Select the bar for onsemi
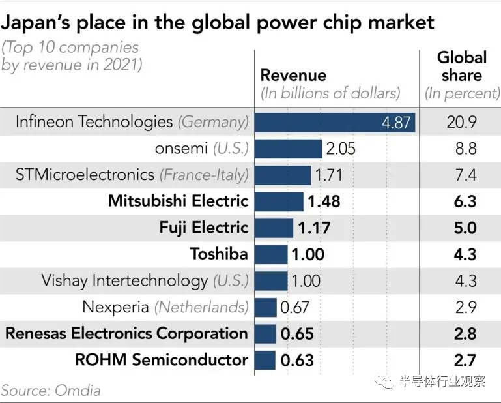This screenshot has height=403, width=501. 288,149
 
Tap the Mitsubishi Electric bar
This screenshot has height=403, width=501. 279,201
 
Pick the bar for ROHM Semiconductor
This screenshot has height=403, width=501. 265,360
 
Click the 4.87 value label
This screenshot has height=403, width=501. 396,122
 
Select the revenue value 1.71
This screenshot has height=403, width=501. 328,175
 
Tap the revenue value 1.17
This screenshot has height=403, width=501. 314,228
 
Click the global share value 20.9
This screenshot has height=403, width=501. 462,122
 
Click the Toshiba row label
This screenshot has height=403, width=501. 219,254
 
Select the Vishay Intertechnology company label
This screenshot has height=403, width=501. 145,280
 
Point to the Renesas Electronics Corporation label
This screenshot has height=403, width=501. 126,333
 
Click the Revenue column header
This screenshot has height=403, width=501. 293,75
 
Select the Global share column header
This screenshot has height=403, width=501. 462,67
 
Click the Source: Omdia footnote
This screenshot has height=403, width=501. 51,390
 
